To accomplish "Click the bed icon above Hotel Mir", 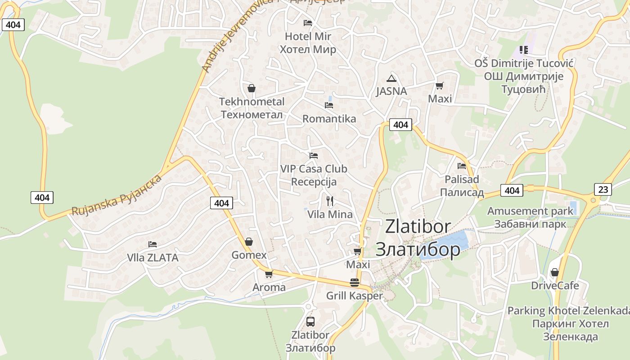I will (x=308, y=22).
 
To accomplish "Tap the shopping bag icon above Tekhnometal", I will (x=252, y=88).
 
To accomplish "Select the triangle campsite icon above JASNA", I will (x=391, y=78).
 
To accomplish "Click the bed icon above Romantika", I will (x=329, y=105).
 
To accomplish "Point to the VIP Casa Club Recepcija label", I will (x=314, y=175).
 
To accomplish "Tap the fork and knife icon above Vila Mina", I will (x=330, y=201).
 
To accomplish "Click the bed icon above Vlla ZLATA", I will (x=153, y=244).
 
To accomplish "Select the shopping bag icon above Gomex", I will (x=249, y=242).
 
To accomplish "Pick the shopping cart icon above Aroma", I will (x=269, y=274).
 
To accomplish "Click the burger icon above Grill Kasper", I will (x=355, y=283).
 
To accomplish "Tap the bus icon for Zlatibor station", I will (x=310, y=321).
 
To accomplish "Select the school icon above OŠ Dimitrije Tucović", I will (x=523, y=49).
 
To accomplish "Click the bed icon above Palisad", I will (x=462, y=166).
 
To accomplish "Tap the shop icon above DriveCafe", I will (x=555, y=272).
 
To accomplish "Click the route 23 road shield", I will (x=603, y=189).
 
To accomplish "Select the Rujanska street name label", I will (x=117, y=195).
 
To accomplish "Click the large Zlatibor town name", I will (x=418, y=238).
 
